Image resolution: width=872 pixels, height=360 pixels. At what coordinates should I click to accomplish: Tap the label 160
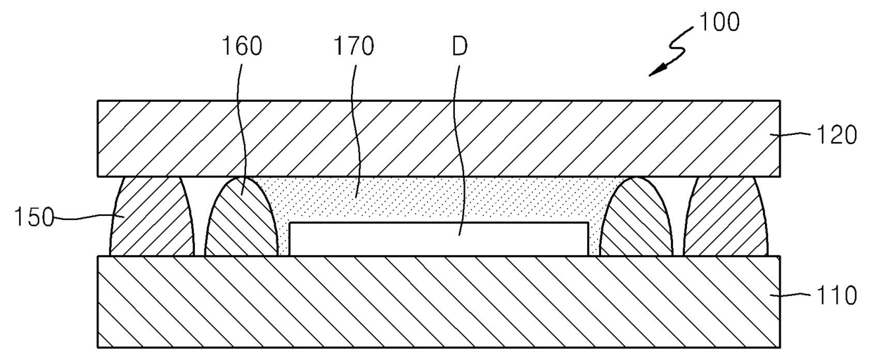243,47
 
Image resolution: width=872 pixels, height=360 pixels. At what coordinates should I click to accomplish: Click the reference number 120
837,135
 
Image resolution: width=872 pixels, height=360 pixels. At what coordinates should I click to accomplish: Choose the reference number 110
837,296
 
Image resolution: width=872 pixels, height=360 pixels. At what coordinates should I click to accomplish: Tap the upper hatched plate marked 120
436,138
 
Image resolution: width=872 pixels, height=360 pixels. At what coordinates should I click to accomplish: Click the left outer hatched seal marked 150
150,218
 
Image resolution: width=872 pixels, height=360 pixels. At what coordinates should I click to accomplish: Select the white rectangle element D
436,240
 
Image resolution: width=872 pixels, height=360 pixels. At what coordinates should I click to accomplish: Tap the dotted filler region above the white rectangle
436,200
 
